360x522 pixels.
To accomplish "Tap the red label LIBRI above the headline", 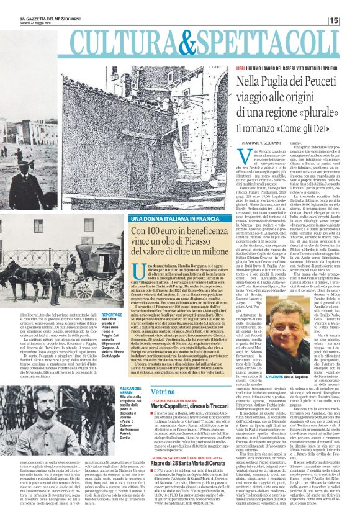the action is coord(241,66).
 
